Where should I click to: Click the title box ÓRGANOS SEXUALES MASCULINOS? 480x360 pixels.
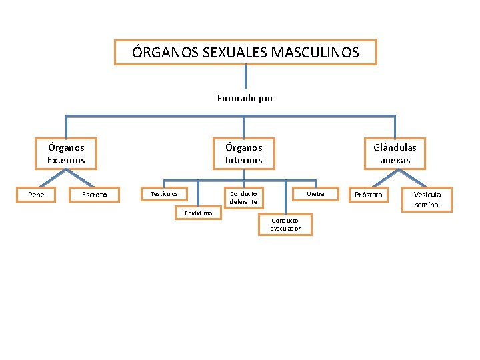tap(245, 52)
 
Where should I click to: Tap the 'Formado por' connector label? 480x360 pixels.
tap(245, 98)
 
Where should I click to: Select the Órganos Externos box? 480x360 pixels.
tap(66, 153)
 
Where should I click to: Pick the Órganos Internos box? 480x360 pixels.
tap(243, 153)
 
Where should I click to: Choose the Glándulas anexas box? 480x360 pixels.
tap(395, 153)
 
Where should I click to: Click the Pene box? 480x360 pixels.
tap(36, 194)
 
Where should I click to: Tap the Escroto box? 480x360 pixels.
tap(94, 195)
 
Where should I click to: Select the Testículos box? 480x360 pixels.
tap(164, 193)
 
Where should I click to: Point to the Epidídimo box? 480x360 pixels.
tap(198, 213)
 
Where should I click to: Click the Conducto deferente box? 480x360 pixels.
tap(243, 197)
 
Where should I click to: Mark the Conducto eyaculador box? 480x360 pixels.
tap(285, 225)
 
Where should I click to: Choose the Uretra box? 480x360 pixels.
tap(315, 193)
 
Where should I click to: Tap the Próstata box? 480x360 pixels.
tap(369, 195)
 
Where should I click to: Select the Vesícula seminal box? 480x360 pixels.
tap(427, 199)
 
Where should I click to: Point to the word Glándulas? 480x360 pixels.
tap(395, 147)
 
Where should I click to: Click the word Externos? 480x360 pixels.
tap(66, 160)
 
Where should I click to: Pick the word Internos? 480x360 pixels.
tap(243, 160)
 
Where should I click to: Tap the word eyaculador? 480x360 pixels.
tap(285, 229)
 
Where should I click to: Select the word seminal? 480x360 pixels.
tap(427, 205)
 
